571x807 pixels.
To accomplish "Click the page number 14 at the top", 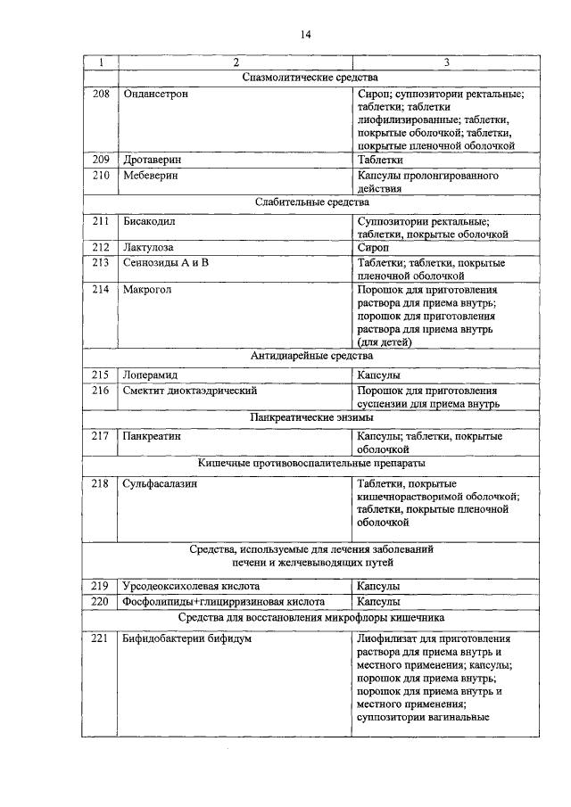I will click(x=304, y=35).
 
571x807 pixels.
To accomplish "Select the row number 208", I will click(x=101, y=93).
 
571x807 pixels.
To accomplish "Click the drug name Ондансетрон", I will click(x=155, y=93).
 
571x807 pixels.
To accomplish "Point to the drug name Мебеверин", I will click(x=150, y=176).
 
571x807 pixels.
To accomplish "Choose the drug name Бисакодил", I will click(x=149, y=220).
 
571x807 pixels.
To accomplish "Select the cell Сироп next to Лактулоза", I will click(x=371, y=247).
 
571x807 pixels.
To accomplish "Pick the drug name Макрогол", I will click(x=146, y=290).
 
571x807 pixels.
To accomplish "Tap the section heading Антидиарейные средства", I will click(x=311, y=357).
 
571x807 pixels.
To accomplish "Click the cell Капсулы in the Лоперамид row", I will click(x=378, y=375).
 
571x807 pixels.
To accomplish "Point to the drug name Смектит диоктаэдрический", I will click(x=190, y=391).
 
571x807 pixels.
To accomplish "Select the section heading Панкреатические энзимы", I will click(x=311, y=417).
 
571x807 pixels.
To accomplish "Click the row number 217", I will click(x=101, y=436).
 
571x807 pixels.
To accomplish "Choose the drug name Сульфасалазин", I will click(x=160, y=483).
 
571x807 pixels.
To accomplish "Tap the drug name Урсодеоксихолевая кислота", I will click(x=191, y=586).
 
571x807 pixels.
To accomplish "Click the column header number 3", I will click(x=445, y=63).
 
